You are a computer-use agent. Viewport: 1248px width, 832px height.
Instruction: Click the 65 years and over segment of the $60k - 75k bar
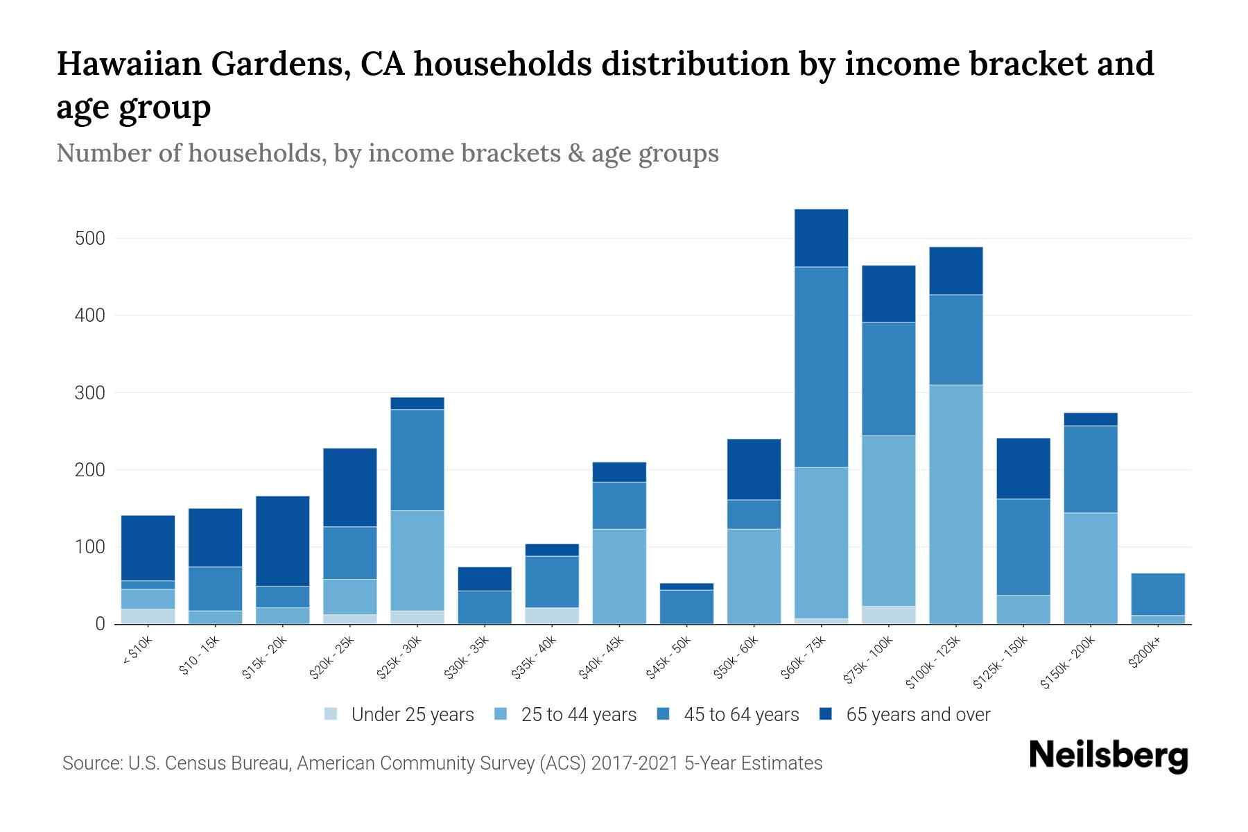[x=821, y=238]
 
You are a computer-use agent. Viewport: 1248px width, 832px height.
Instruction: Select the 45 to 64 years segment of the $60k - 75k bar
[x=821, y=367]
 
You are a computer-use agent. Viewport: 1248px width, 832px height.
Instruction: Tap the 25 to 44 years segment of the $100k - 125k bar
[x=955, y=504]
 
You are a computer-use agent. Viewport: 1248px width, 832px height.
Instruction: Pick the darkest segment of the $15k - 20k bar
[x=282, y=541]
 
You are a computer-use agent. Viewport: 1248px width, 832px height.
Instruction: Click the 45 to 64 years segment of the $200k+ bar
[x=1157, y=594]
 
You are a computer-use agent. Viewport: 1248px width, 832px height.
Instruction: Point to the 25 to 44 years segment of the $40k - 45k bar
[x=619, y=576]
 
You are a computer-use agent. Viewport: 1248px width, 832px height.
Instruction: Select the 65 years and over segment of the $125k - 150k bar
[x=1023, y=469]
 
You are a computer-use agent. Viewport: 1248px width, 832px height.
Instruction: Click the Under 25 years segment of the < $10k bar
[x=148, y=616]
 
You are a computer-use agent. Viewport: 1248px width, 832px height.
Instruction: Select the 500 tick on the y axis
[x=89, y=239]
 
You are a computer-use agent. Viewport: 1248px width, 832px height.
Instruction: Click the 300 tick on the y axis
[x=89, y=393]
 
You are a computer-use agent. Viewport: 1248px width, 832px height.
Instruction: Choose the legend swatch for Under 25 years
[x=331, y=714]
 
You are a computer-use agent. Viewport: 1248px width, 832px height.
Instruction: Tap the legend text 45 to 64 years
[x=740, y=715]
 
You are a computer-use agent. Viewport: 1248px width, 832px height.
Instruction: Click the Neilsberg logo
[x=1108, y=756]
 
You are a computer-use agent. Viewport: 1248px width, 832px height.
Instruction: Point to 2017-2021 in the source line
[x=634, y=763]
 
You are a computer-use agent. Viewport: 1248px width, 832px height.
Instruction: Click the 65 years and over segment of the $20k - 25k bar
[x=350, y=487]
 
